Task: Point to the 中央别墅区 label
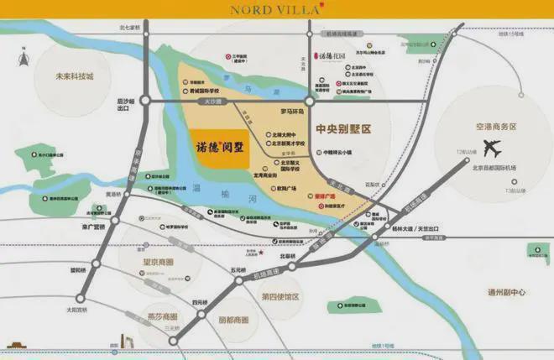342,130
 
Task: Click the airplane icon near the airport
492,149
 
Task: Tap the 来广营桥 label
92,226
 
